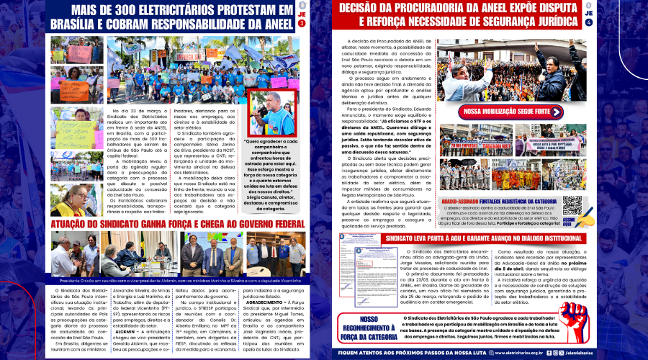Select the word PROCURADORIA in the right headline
click(446, 9)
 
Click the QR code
click(572, 205)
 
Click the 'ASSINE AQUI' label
click(588, 221)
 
